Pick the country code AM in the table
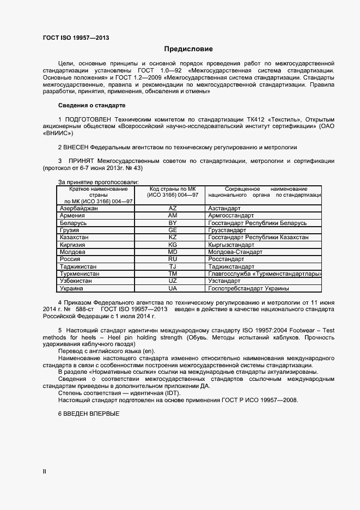click(x=173, y=216)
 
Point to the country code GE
click(x=173, y=230)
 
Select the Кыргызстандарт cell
click(x=231, y=245)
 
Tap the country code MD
click(x=173, y=252)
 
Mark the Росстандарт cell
click(x=227, y=259)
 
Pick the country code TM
click(x=173, y=274)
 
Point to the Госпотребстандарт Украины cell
click(x=248, y=288)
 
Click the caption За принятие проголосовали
click(x=98, y=182)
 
